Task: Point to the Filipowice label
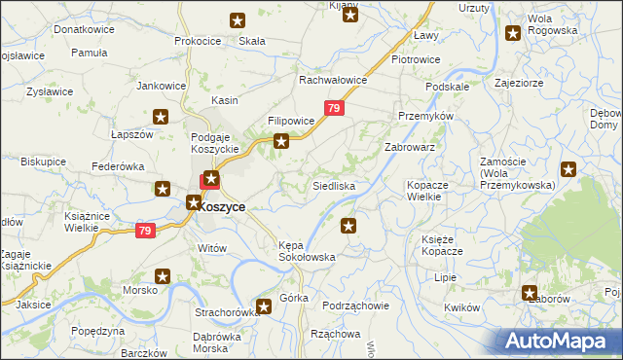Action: tap(291, 122)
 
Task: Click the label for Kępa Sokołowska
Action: tap(307, 251)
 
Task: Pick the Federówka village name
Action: tap(118, 166)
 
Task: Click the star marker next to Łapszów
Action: tap(162, 117)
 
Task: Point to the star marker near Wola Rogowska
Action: tap(513, 34)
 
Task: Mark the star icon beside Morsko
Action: tap(163, 277)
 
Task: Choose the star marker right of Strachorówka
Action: tap(262, 307)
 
